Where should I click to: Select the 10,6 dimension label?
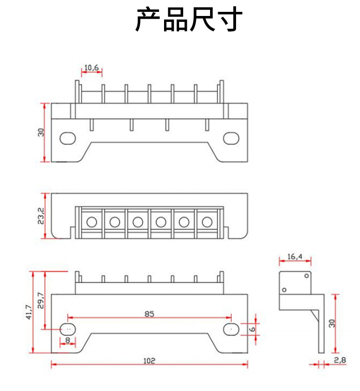[x=92, y=68]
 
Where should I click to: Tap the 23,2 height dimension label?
[x=41, y=216]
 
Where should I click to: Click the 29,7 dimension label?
[x=41, y=300]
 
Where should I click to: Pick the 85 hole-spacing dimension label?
[x=149, y=314]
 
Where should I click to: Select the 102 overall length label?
[x=149, y=360]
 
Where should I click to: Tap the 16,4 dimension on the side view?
[x=295, y=256]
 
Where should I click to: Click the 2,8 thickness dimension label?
[x=339, y=360]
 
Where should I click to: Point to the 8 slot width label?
[x=68, y=339]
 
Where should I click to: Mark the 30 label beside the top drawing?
[x=41, y=133]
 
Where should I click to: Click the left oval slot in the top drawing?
[x=68, y=137]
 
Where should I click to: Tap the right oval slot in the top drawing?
[x=231, y=137]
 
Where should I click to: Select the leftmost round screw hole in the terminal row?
[x=92, y=222]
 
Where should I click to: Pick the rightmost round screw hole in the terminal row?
[x=207, y=222]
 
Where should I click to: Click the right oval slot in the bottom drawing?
[x=231, y=328]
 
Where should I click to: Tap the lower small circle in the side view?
[x=284, y=289]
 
